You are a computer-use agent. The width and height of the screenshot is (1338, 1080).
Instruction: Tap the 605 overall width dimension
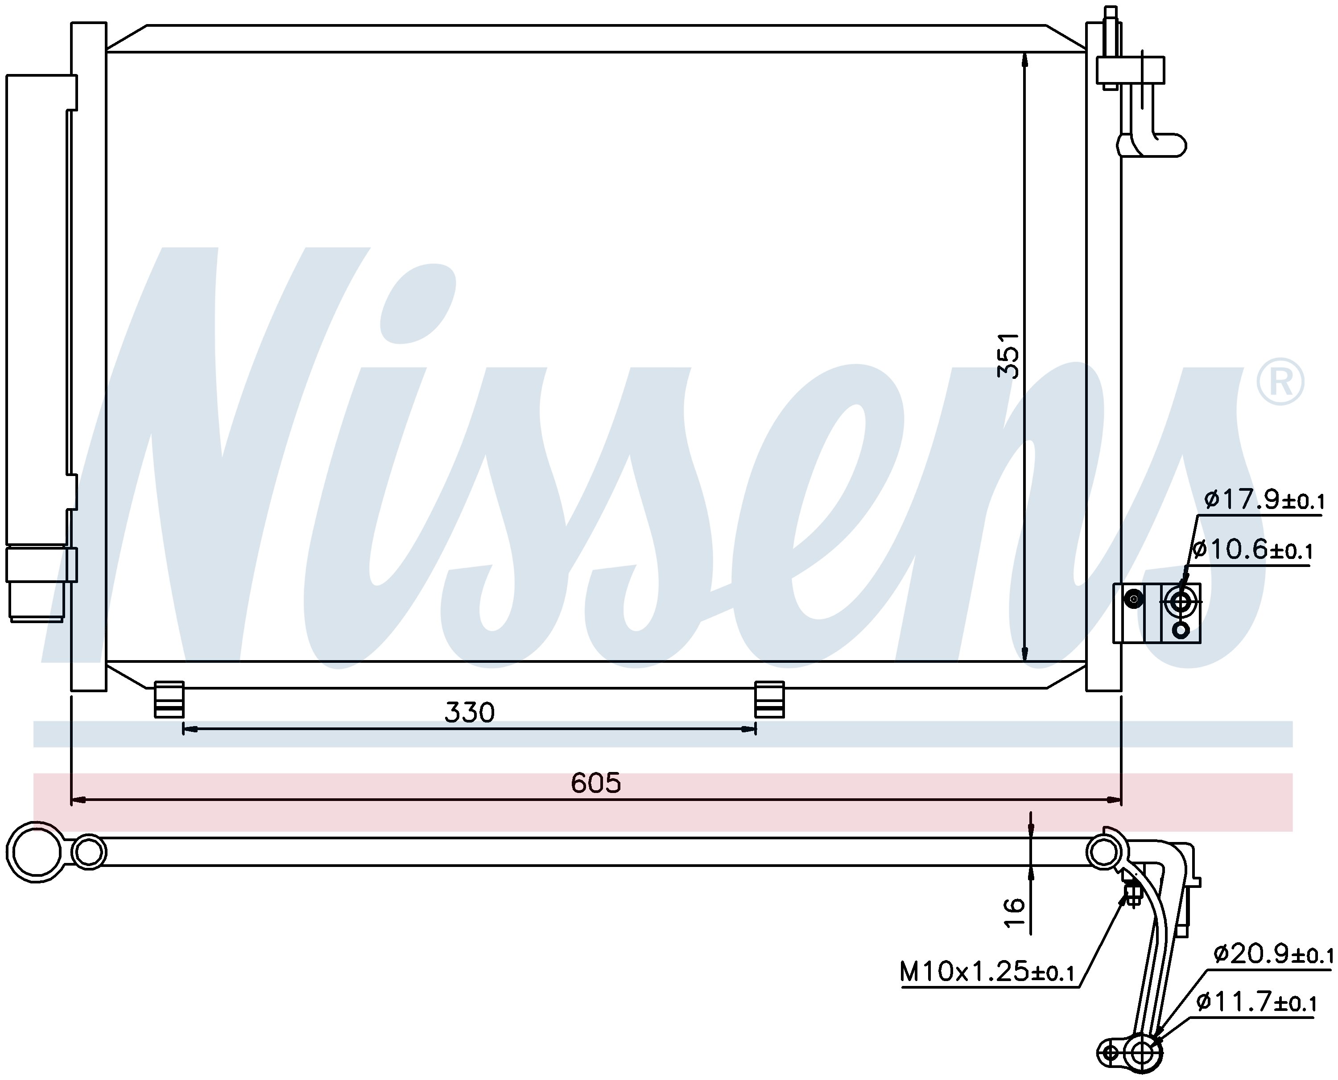(x=595, y=783)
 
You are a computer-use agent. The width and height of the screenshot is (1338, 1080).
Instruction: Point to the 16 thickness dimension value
(x=1014, y=913)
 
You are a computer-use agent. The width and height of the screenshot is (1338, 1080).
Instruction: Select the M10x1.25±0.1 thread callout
(x=987, y=971)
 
